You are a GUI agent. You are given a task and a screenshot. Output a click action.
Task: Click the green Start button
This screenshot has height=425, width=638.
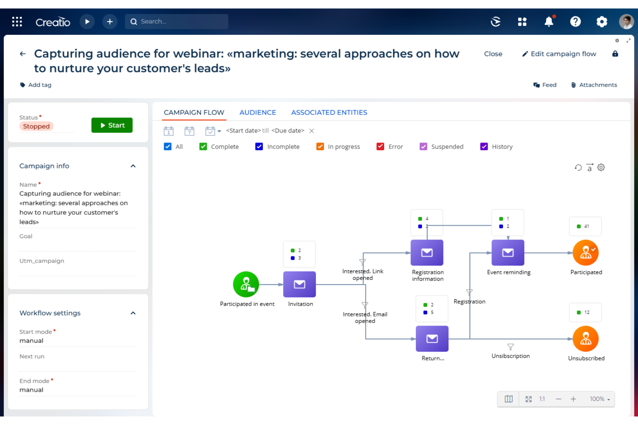click(112, 125)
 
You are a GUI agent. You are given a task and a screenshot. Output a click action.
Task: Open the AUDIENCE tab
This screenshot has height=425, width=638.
click(257, 112)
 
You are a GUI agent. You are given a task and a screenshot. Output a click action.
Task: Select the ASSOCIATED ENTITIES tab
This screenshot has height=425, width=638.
click(329, 112)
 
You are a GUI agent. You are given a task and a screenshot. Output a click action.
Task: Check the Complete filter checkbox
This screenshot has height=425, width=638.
click(203, 147)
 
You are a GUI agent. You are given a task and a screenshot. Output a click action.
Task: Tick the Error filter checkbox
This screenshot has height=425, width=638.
click(380, 147)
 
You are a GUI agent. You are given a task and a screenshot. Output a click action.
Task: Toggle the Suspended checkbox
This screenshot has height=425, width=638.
click(423, 147)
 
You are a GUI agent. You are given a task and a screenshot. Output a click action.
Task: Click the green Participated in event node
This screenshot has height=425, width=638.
click(246, 284)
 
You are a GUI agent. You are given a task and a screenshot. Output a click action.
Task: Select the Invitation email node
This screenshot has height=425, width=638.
click(299, 284)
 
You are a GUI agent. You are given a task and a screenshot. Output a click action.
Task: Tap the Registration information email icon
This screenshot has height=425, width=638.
click(427, 253)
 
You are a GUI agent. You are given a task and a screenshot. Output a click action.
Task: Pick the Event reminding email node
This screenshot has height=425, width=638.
click(508, 253)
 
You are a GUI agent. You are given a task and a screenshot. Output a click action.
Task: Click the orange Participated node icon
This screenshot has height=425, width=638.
click(585, 253)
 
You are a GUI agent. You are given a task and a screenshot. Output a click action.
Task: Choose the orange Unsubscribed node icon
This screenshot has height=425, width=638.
click(585, 339)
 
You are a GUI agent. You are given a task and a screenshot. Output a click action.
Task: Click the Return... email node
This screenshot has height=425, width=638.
click(432, 339)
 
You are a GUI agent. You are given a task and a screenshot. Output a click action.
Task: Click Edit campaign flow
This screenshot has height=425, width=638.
click(559, 54)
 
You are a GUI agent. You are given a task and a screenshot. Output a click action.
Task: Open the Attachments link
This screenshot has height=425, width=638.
click(594, 85)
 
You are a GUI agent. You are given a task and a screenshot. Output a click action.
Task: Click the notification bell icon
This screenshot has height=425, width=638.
click(548, 22)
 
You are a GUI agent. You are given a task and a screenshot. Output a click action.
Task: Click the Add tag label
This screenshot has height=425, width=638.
click(39, 85)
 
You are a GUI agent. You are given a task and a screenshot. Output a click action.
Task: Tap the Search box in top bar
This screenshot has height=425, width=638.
click(177, 22)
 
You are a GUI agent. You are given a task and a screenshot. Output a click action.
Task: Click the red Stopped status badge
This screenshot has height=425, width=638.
click(36, 126)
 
